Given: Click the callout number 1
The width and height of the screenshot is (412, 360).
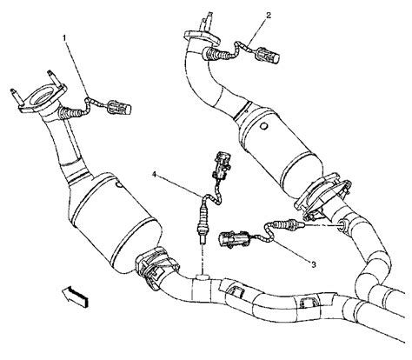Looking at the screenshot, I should coord(63,39).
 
